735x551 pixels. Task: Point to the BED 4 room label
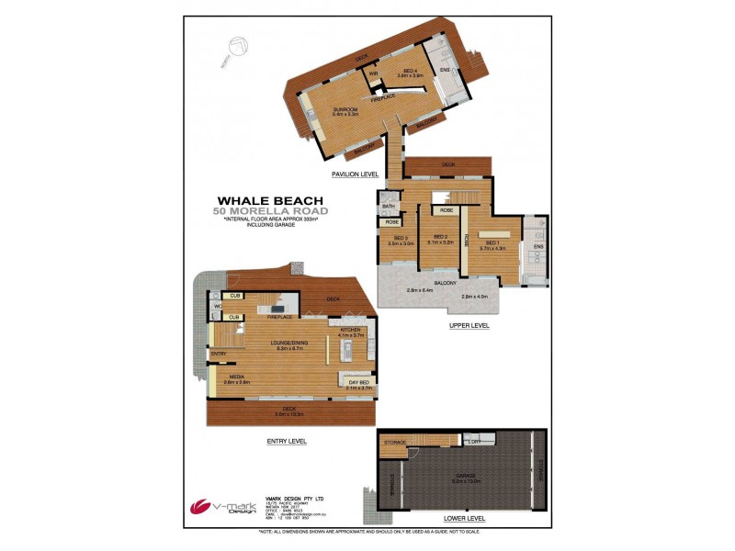coord(410,72)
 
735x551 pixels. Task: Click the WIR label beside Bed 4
coord(374,73)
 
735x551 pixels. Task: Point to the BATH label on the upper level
coord(389,208)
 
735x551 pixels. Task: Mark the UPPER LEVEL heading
coord(469,325)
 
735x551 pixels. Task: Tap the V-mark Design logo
coord(220,507)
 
